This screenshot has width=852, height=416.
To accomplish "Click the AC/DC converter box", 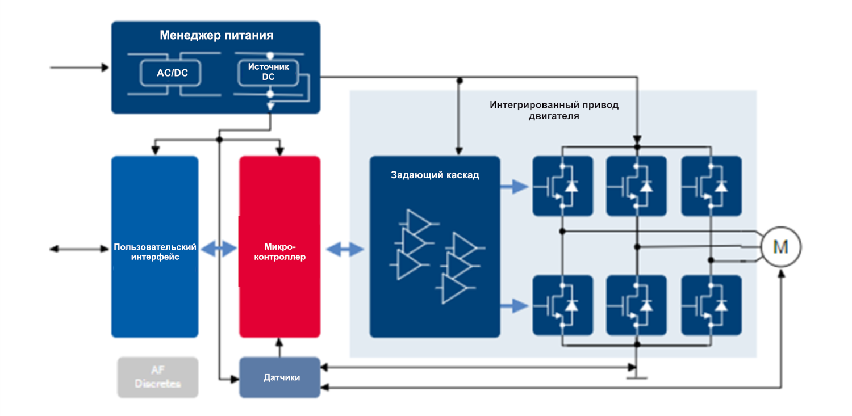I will point(172,73).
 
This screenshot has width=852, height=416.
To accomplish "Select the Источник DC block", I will point(269,72).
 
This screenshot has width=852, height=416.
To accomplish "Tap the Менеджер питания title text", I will point(216,36).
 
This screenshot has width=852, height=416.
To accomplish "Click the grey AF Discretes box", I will point(158,377).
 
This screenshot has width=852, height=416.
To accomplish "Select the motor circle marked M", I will point(781,247).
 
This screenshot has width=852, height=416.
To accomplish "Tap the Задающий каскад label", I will point(435,175).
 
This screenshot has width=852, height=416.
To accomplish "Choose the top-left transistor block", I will point(562,186).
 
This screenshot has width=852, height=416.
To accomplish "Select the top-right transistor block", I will point(711,186).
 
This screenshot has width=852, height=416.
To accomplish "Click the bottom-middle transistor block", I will point(637,305).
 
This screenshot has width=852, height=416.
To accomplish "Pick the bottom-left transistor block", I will point(562,305).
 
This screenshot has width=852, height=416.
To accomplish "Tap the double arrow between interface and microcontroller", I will point(219,248).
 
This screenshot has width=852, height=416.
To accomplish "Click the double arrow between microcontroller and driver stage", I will point(345,248).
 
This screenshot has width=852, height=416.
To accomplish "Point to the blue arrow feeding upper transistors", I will point(515,186).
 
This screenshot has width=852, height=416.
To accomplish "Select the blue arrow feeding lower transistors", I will point(515,306).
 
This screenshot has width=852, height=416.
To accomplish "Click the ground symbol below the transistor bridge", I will point(637,377).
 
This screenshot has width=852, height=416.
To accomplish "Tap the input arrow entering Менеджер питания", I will point(80,68).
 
